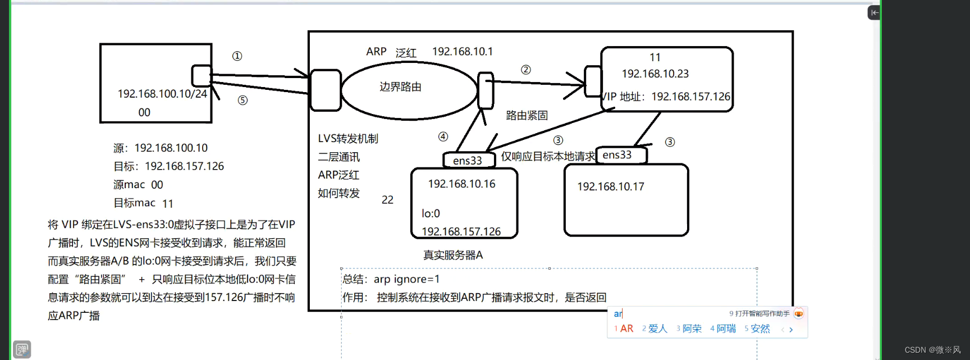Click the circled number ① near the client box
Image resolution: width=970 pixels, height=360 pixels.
[237, 56]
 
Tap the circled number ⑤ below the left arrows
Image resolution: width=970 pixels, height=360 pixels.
[242, 101]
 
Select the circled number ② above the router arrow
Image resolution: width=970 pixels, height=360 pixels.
[525, 70]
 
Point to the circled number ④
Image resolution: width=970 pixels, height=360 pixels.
[443, 136]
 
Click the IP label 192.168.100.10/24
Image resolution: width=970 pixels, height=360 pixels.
[162, 94]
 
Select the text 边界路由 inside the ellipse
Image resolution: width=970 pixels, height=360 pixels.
[400, 87]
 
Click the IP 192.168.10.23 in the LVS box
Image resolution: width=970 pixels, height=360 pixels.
[655, 74]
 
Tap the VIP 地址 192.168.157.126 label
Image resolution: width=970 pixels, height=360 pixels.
[666, 97]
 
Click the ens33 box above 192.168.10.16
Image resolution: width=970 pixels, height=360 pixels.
[468, 161]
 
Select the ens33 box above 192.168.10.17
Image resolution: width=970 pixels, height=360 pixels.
[619, 155]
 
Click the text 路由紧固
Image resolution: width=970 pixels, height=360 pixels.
[527, 116]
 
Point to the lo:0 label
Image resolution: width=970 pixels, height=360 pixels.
[431, 213]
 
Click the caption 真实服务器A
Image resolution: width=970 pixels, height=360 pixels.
[452, 255]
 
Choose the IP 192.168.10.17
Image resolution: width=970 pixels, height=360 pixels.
[610, 186]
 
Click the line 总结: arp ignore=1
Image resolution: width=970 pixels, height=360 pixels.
[391, 279]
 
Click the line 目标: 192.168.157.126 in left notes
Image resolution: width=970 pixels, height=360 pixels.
[168, 166]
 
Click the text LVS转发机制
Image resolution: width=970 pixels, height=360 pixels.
[348, 139]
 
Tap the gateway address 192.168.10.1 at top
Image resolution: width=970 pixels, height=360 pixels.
[462, 52]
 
